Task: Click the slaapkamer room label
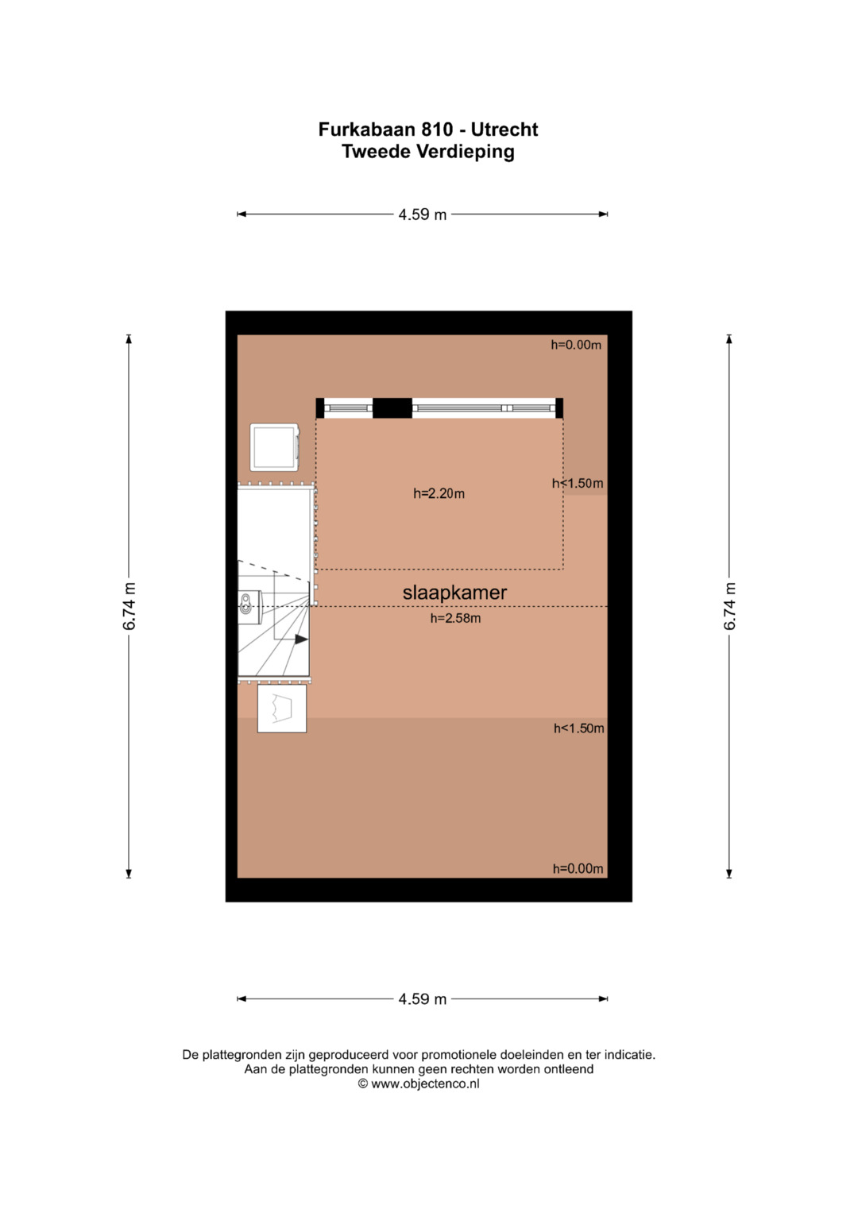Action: (454, 593)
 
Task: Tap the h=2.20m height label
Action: (439, 493)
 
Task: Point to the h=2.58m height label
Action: (455, 618)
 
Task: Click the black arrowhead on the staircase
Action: (301, 639)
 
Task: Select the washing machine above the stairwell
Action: (275, 447)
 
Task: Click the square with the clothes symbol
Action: (282, 709)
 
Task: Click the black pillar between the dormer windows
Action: (392, 408)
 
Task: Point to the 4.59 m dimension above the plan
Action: (423, 214)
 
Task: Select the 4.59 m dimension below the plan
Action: (423, 999)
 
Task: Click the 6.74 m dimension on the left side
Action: (129, 606)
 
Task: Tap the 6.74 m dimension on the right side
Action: (729, 606)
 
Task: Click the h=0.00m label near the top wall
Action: (576, 345)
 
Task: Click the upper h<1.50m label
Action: (578, 483)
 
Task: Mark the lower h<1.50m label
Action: (578, 728)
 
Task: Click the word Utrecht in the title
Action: (504, 129)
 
